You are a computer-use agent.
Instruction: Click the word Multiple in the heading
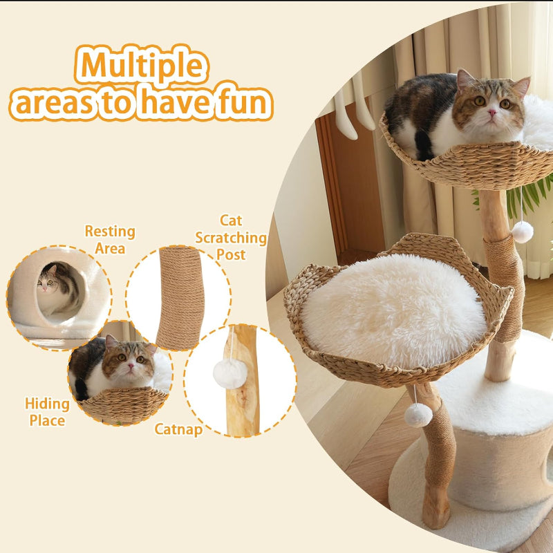(x=142, y=66)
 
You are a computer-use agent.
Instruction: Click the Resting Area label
(x=110, y=239)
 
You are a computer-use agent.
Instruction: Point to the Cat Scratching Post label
(x=231, y=237)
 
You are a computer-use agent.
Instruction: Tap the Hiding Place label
(x=47, y=411)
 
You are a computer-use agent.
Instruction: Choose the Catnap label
(x=178, y=429)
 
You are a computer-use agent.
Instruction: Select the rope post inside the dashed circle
(x=180, y=297)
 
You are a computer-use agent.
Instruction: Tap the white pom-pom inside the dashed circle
(x=230, y=374)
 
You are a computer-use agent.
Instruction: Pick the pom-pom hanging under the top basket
(x=523, y=232)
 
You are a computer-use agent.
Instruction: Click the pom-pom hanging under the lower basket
(x=418, y=414)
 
